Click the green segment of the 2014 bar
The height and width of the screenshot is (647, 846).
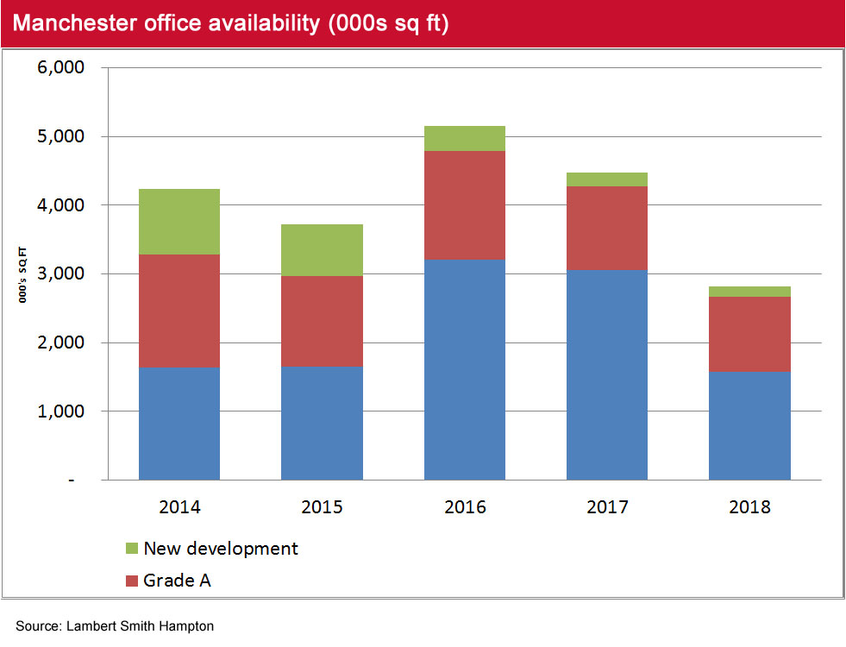[179, 222]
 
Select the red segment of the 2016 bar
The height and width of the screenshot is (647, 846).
[464, 205]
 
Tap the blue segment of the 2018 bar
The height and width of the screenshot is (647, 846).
[749, 425]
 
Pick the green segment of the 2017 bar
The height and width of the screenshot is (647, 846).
[607, 179]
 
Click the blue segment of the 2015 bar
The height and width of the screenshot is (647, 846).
[322, 423]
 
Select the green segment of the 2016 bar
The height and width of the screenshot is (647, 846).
[464, 139]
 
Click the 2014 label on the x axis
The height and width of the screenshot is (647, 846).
[179, 506]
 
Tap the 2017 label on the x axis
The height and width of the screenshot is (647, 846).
[607, 506]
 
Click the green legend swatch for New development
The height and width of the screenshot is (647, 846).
[132, 549]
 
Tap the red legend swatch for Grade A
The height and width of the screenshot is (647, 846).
[132, 581]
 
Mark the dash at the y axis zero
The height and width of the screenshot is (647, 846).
[72, 481]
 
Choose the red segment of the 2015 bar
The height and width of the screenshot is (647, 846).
[322, 321]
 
